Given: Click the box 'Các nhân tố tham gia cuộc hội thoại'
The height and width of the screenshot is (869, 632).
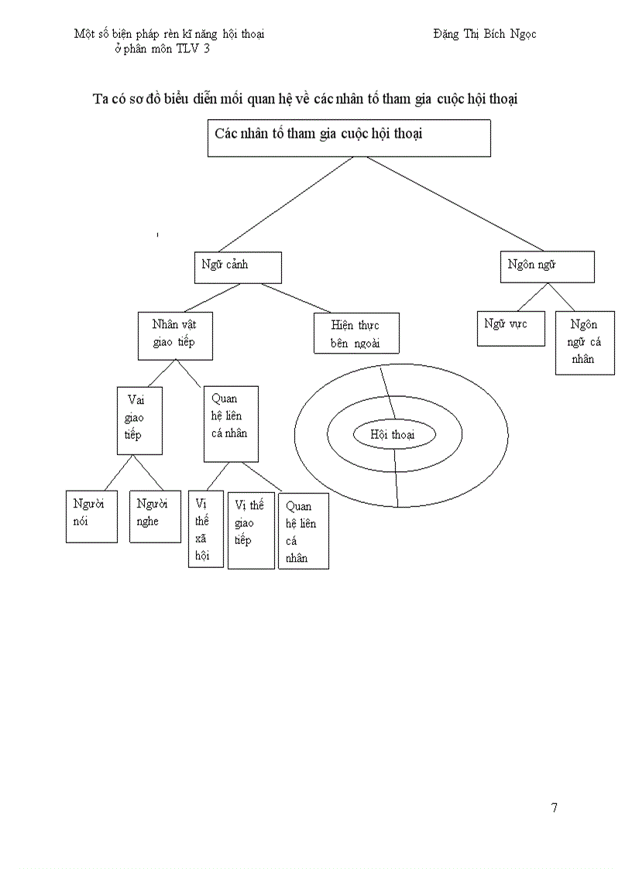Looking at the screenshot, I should [x=349, y=139].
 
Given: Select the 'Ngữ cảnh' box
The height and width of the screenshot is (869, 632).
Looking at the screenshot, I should [x=236, y=267].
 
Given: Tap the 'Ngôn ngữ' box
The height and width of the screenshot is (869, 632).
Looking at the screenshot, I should [x=547, y=266].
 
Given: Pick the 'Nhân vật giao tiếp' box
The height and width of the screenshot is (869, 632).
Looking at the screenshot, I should [x=175, y=335].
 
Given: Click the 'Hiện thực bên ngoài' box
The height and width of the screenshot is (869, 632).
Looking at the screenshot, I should [x=356, y=333].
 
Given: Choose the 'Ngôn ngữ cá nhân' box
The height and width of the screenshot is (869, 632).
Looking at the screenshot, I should [x=585, y=342].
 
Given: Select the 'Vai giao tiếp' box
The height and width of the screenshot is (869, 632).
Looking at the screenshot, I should [x=139, y=419].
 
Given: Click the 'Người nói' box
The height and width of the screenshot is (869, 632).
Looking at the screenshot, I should [x=91, y=515].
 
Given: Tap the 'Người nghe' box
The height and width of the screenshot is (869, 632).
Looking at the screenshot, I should [x=155, y=515].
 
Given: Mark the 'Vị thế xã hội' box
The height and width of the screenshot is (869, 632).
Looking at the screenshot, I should [x=205, y=529].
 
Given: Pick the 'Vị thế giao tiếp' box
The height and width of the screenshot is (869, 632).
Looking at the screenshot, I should [x=251, y=529].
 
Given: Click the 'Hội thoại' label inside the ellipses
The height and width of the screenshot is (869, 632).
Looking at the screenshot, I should [x=393, y=435].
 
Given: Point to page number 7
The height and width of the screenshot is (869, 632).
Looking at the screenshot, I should [x=555, y=808].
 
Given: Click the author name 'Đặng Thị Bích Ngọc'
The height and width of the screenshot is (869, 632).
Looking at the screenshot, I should [x=485, y=34].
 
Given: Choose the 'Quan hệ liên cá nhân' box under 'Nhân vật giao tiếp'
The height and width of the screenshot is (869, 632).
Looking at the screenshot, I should [x=230, y=423].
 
